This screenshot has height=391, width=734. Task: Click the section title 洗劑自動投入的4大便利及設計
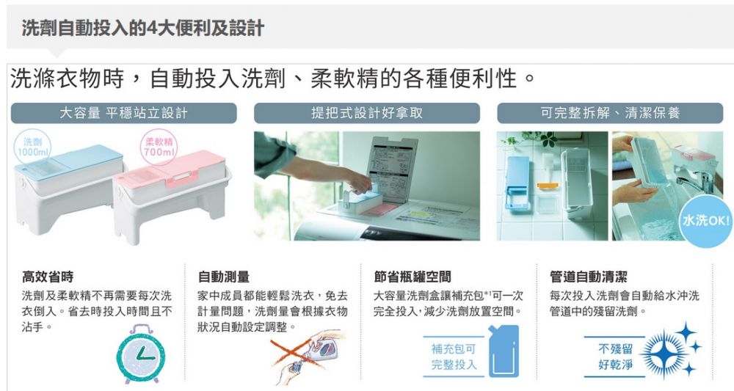click(143, 29)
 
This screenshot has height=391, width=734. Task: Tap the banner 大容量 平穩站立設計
click(123, 113)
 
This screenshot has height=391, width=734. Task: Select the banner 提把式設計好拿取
click(367, 113)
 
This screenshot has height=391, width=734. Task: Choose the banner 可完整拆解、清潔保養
click(610, 113)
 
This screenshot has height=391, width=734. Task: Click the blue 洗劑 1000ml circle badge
click(32, 147)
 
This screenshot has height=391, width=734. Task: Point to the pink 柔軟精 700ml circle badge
click(159, 147)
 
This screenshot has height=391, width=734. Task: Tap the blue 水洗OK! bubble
click(705, 221)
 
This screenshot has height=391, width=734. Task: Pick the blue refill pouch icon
click(504, 351)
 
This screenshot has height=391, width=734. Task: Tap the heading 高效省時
click(48, 277)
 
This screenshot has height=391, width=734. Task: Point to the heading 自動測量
click(224, 277)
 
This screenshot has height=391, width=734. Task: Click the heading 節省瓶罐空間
click(413, 277)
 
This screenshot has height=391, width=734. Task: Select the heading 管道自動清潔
click(589, 277)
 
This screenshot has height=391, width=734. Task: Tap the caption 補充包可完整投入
click(454, 357)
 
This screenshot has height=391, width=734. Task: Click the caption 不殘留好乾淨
click(616, 357)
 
